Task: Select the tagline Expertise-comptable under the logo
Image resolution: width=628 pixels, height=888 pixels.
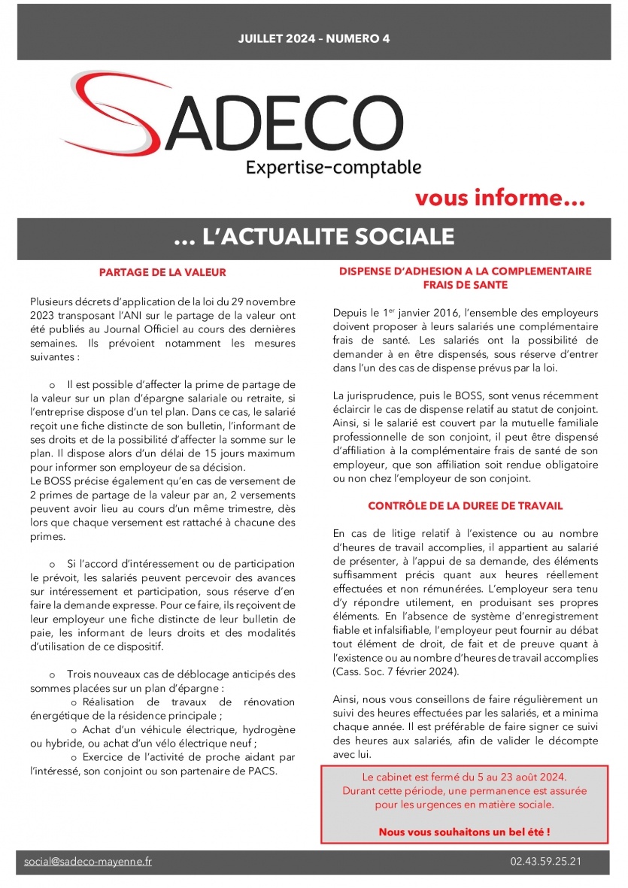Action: [x=333, y=167]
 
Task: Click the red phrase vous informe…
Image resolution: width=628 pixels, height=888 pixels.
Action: [x=500, y=199]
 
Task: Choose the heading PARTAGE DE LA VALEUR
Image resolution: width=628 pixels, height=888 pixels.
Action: [x=162, y=272]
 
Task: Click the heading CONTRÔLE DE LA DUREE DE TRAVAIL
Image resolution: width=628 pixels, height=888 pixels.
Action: [x=466, y=506]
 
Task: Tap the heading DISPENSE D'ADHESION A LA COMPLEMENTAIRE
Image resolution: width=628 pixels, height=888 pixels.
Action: [x=466, y=271]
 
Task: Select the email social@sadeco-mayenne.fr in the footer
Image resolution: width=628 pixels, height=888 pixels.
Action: [x=88, y=861]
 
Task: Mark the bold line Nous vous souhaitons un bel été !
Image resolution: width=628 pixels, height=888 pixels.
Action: [x=464, y=832]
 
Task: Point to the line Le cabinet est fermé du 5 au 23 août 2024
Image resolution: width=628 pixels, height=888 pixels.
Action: [x=464, y=777]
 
